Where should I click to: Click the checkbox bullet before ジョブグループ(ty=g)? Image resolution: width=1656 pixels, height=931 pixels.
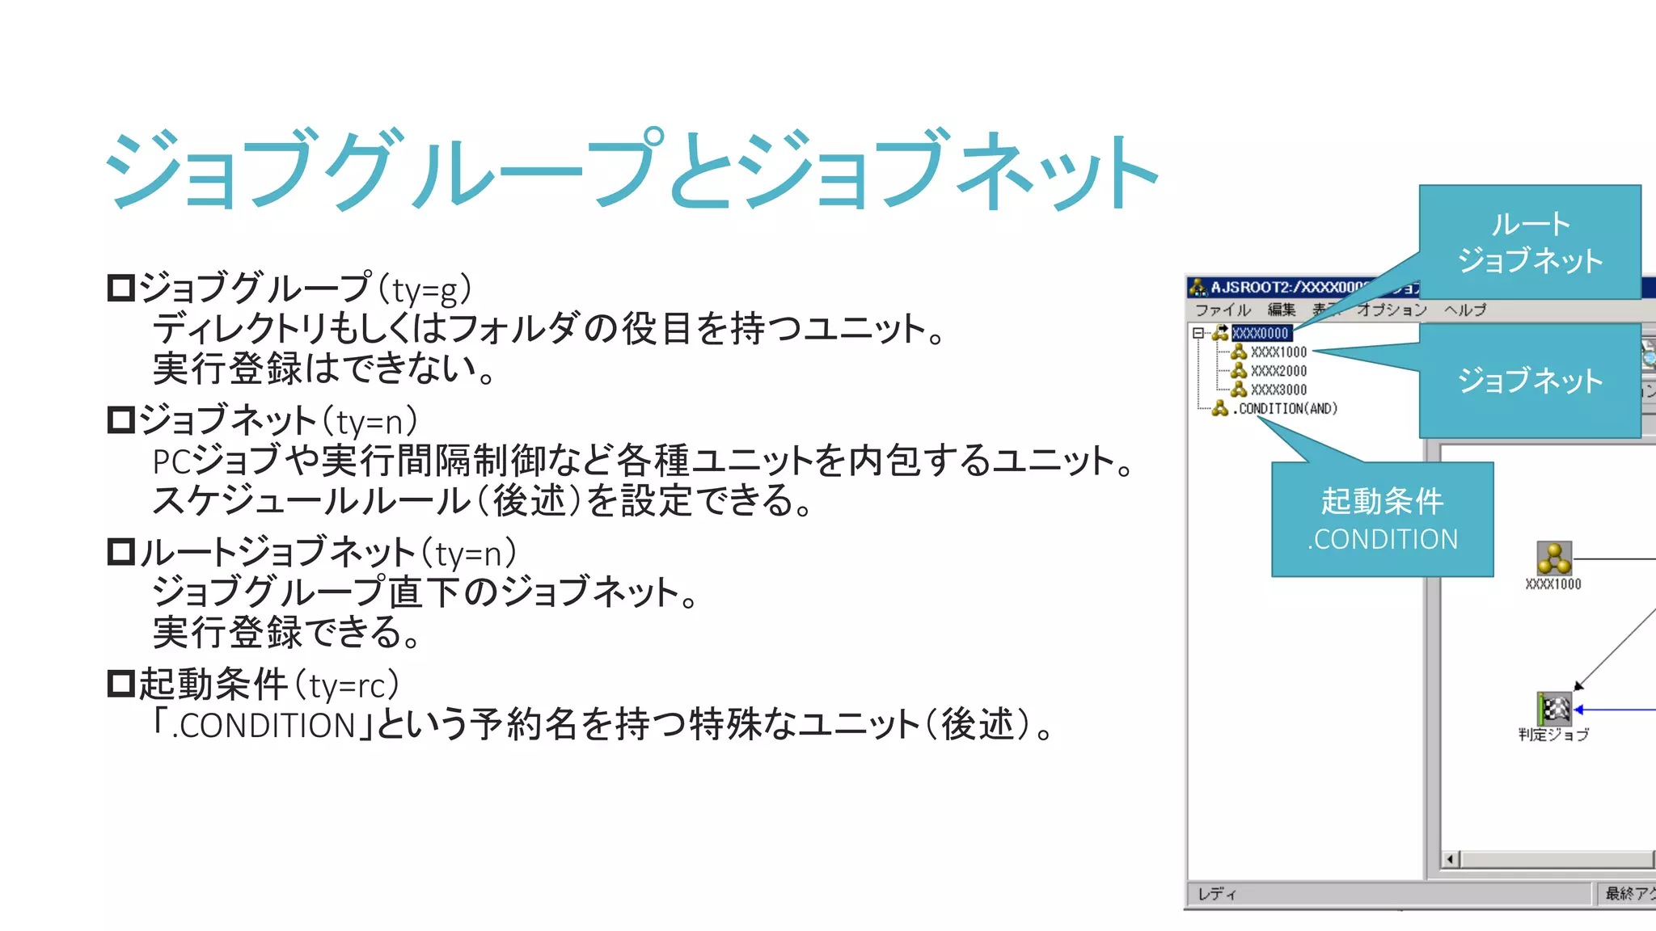pos(121,289)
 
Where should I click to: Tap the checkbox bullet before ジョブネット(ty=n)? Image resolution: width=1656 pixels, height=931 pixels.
pos(121,420)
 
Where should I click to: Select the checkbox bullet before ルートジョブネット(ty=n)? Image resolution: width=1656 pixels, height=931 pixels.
pos(121,552)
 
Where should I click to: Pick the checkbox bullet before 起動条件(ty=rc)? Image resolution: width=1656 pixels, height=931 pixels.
pos(121,684)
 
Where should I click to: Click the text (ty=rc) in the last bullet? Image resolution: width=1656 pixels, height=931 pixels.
pos(347,685)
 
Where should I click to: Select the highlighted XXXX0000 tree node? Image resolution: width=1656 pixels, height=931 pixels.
pos(1260,333)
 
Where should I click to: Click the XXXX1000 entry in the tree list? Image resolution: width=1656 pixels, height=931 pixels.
pos(1278,352)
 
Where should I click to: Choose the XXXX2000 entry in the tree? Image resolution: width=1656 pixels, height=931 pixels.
pos(1278,371)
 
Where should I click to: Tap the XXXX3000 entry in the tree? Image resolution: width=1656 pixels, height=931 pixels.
pos(1278,390)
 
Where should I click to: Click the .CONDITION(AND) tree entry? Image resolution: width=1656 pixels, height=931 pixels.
pos(1286,409)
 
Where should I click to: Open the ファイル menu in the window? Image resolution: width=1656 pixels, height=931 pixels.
pos(1222,310)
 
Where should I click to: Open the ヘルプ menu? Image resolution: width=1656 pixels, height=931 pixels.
pos(1465,310)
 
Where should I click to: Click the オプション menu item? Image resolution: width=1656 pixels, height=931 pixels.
pos(1392,310)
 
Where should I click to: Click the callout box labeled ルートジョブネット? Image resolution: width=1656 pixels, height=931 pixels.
pos(1530,242)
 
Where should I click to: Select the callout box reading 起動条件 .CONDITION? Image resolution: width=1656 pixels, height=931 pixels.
pos(1382,520)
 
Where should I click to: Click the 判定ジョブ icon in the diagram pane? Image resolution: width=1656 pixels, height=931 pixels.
pos(1554,709)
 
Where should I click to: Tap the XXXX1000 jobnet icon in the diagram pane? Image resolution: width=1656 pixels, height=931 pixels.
pos(1553,558)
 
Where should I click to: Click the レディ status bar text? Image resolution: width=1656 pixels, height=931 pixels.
pos(1217,894)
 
